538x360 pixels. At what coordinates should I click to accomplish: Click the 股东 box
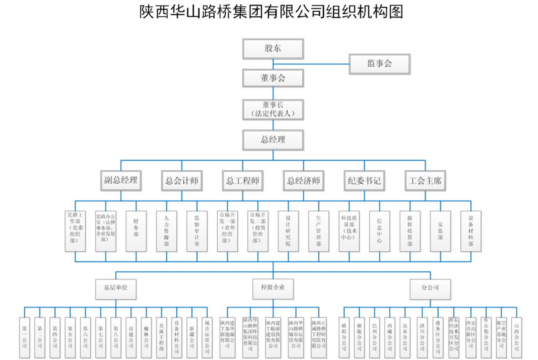click(273, 48)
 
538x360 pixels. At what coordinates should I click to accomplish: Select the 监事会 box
click(379, 64)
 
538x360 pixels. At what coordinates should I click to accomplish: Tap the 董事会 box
click(273, 77)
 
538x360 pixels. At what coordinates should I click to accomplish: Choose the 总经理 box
click(273, 139)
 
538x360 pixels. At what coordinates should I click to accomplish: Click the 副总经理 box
click(121, 181)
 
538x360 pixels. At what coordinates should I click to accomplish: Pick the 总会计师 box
click(182, 181)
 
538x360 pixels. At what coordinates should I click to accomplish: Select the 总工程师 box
click(243, 181)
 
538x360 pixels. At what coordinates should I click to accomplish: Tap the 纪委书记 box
click(365, 181)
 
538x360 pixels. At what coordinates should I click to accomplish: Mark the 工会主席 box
click(425, 181)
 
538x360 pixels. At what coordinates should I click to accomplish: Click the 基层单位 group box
click(116, 288)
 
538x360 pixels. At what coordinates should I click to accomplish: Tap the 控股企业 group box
click(273, 288)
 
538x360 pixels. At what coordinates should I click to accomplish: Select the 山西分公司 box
click(517, 332)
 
